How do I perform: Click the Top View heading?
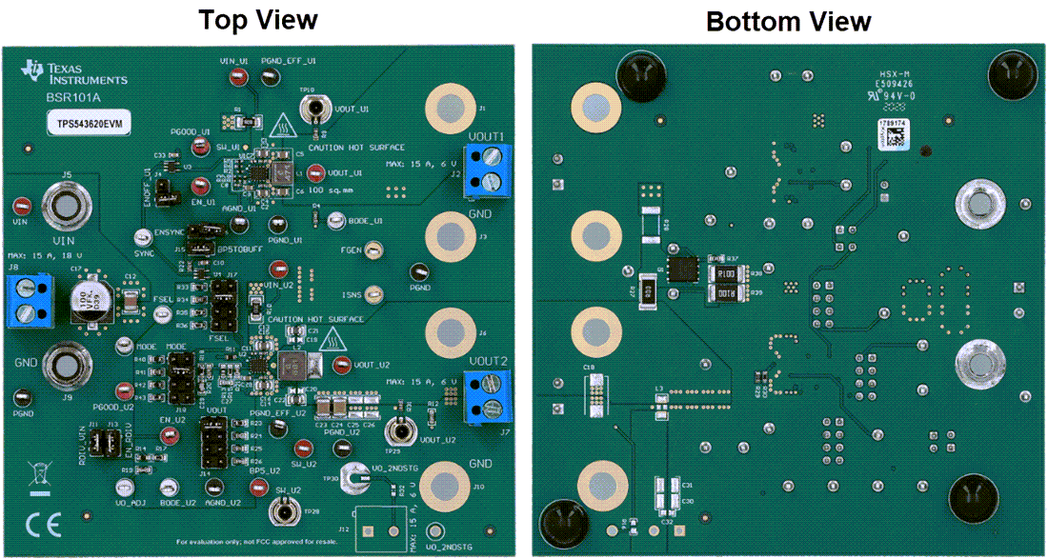[x=257, y=20]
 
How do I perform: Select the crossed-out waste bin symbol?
[x=39, y=475]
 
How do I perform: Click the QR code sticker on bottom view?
[x=894, y=133]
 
